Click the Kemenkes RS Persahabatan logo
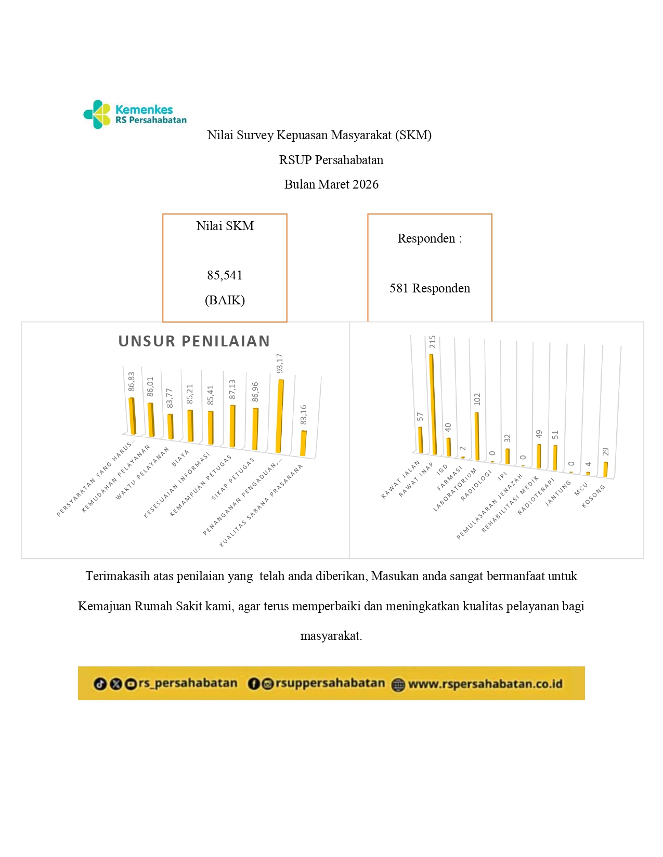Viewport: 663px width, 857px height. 135,114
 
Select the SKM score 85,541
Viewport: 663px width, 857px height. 225,275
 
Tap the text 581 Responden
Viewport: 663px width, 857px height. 430,288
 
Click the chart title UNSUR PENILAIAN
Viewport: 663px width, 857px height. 194,341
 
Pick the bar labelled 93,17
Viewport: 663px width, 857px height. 280,416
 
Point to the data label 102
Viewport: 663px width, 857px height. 477,399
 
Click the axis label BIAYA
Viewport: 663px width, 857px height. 180,458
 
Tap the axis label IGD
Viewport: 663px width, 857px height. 442,470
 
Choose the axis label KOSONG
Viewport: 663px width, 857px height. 593,496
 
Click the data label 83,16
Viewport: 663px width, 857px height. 304,414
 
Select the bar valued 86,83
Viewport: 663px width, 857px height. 132,416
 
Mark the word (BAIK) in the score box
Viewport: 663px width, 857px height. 225,300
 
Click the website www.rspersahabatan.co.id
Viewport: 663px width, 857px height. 485,684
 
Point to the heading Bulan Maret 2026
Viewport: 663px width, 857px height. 331,184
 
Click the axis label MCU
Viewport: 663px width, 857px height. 581,489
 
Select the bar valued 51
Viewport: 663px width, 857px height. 555,458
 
